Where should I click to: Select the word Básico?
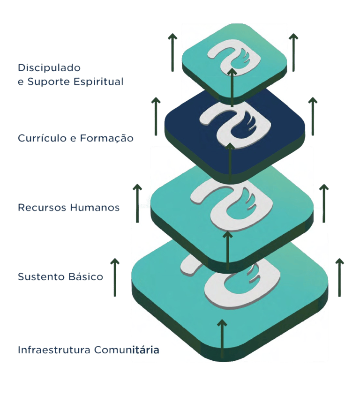[85, 276]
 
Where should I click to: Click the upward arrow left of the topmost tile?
[172, 52]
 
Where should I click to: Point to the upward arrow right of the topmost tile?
[293, 52]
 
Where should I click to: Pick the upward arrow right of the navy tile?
[313, 116]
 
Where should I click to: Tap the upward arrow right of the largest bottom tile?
[339, 277]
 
